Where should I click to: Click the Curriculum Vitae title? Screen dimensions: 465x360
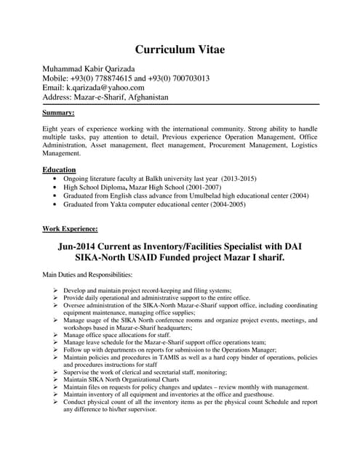pyautogui.click(x=180, y=49)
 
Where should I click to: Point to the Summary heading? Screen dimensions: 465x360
pyautogui.click(x=58, y=113)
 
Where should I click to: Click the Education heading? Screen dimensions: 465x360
pyautogui.click(x=60, y=169)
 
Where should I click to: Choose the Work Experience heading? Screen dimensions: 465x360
pyautogui.click(x=70, y=228)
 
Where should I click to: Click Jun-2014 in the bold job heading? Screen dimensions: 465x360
pyautogui.click(x=83, y=246)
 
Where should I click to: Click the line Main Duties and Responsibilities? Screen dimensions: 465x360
pyautogui.click(x=87, y=275)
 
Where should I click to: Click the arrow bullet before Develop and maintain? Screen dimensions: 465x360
pyautogui.click(x=55, y=290)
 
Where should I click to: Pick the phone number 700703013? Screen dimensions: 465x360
pyautogui.click(x=185, y=78)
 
